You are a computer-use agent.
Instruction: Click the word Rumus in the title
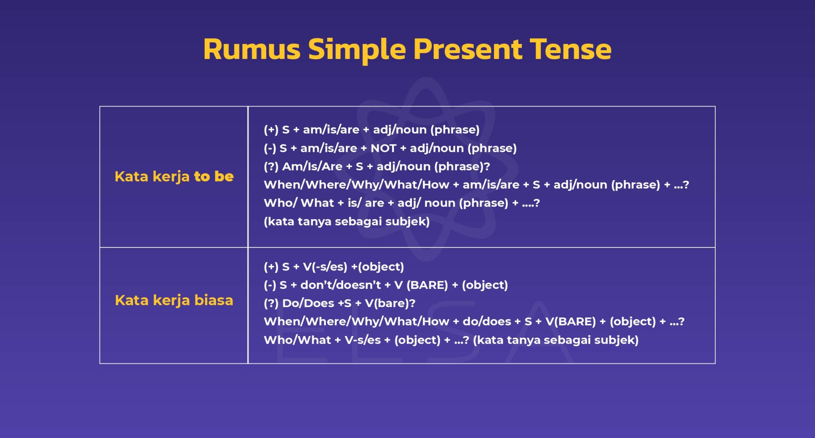tap(252, 49)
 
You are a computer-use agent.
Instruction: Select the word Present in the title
tap(468, 49)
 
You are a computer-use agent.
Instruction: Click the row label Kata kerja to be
tap(174, 176)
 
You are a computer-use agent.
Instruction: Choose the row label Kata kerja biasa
tap(174, 300)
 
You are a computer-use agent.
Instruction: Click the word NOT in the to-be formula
tap(383, 148)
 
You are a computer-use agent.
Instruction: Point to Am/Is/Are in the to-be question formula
tap(312, 166)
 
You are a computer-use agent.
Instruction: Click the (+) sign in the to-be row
tap(271, 130)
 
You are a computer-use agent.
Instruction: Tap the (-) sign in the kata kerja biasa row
tap(269, 285)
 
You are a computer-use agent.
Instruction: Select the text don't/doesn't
tap(340, 285)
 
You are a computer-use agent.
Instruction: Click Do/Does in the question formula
tap(308, 303)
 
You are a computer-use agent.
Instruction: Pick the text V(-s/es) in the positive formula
tap(325, 267)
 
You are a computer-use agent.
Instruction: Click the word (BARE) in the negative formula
tap(427, 285)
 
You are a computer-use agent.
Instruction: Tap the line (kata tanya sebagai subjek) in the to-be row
tap(347, 221)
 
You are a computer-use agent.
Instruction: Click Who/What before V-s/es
tap(297, 340)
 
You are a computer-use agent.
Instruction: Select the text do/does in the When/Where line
tap(486, 321)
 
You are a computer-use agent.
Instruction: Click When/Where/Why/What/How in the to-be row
tap(356, 185)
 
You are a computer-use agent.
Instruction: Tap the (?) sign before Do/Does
tap(271, 303)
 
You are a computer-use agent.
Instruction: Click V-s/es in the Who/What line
tap(363, 340)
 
